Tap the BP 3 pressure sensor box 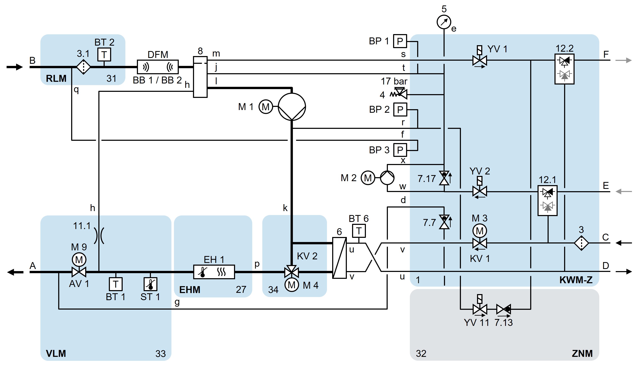[x=400, y=150]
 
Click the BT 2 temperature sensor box [x=104, y=54]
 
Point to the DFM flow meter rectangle [x=158, y=67]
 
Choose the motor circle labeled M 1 [x=266, y=107]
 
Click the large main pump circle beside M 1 [x=292, y=107]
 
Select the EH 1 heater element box [x=214, y=272]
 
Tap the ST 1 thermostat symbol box [x=150, y=284]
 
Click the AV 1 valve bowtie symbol [x=79, y=272]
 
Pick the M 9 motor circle [x=79, y=260]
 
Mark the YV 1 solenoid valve [x=480, y=60]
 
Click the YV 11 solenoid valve [x=480, y=309]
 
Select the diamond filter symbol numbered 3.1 [x=83, y=67]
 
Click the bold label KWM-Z [x=576, y=280]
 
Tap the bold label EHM [x=190, y=290]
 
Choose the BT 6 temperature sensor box [x=359, y=231]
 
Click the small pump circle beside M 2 [x=387, y=178]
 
